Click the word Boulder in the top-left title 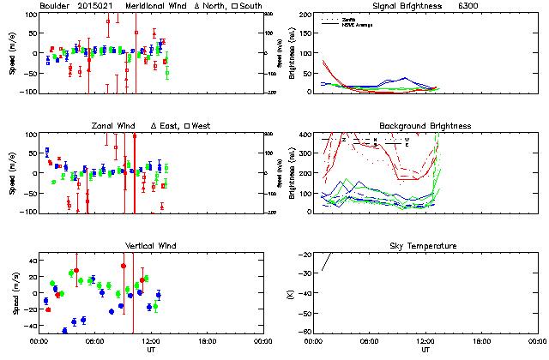[x=55, y=6]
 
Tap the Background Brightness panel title [x=425, y=126]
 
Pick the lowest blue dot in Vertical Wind [x=63, y=330]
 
